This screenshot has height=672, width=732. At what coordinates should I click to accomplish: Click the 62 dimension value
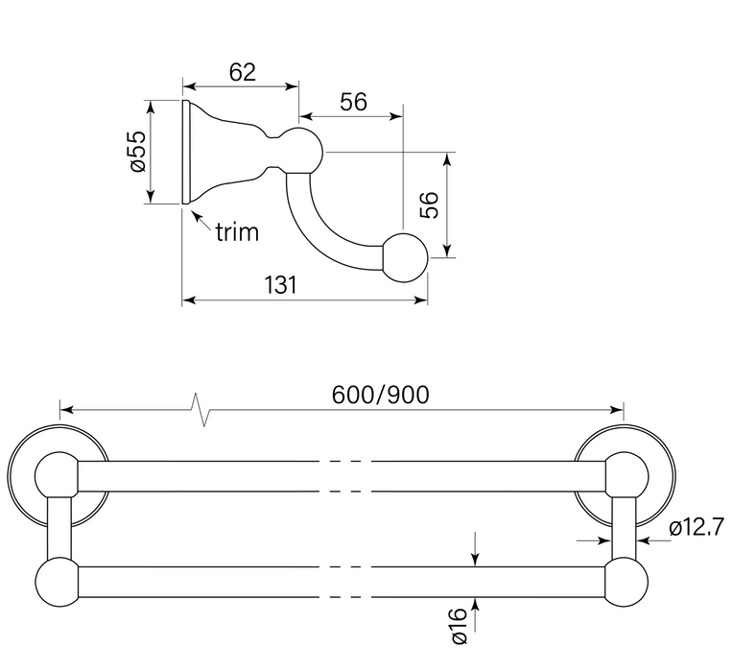(243, 70)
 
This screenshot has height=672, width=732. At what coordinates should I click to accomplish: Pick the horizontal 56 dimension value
(353, 102)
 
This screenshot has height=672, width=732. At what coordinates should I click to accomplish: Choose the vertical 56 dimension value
(431, 204)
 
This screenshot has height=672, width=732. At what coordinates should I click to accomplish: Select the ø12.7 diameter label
(693, 527)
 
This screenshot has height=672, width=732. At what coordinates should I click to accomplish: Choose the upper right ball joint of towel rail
(627, 476)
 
